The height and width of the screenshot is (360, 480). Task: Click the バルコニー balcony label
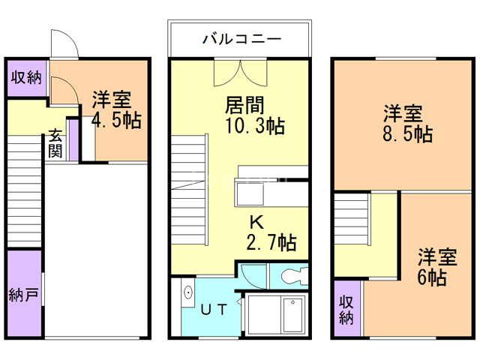coord(240,39)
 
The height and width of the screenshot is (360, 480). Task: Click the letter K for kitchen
coord(256,222)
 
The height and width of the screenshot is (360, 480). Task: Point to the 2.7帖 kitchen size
coord(271,242)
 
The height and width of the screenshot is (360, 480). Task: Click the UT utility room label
coord(214,308)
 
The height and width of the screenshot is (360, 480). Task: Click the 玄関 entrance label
coord(55,143)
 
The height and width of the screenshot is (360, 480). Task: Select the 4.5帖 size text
coord(115,121)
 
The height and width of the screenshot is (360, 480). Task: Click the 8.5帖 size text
coord(407,134)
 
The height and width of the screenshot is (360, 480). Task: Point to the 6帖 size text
coord(433,277)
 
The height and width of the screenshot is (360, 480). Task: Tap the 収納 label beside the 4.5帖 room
coord(27,78)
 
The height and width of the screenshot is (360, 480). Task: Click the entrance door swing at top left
coord(64,43)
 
